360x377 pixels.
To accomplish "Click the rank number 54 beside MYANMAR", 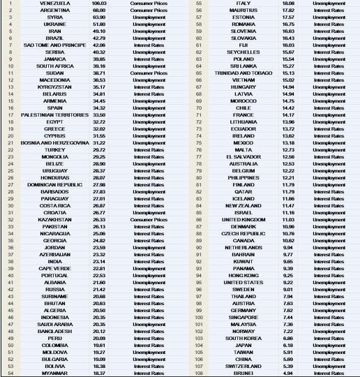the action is coord(10,374).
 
